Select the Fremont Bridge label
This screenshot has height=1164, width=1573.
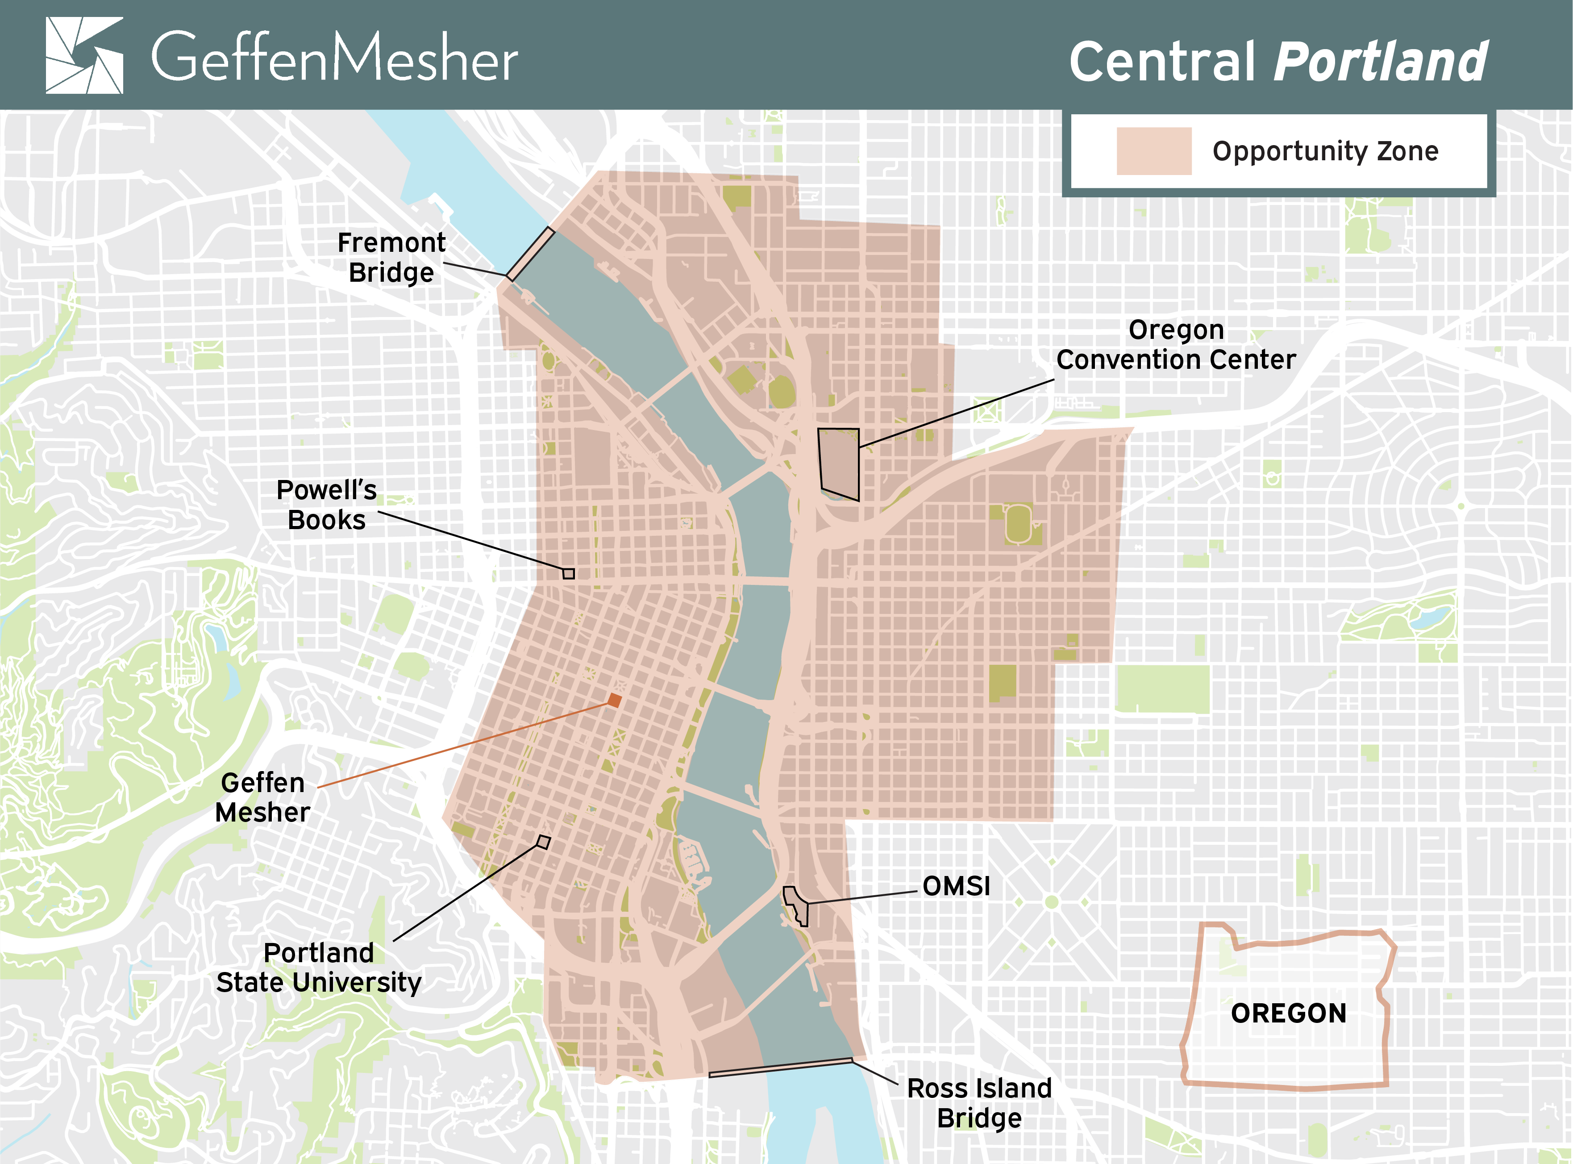point(391,257)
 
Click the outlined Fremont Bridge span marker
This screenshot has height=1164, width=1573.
point(530,254)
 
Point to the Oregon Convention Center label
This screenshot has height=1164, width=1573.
point(1176,345)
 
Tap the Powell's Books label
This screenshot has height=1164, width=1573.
point(326,505)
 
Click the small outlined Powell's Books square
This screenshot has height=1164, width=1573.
point(569,574)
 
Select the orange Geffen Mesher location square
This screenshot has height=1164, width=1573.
point(614,700)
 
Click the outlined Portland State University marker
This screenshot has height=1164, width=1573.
point(543,841)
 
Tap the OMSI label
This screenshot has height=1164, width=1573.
point(956,886)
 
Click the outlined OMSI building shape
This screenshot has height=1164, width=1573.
point(796,905)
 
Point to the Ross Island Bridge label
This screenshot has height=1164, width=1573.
point(979,1103)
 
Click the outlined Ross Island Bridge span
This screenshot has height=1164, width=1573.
point(781,1068)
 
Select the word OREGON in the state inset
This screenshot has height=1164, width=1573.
point(1288,1013)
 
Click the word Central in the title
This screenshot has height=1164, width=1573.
point(1162,62)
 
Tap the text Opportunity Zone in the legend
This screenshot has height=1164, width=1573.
point(1325,151)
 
